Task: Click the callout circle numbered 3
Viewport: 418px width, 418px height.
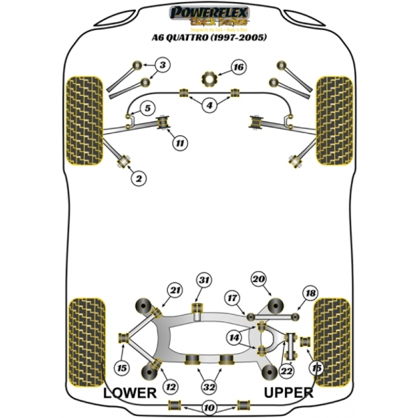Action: pos(162,66)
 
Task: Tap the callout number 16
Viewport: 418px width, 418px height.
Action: pos(238,68)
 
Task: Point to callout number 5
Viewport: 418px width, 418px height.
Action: pos(148,108)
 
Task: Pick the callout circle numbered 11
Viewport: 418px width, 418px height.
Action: pos(180,144)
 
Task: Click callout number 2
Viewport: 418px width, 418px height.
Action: pos(139,179)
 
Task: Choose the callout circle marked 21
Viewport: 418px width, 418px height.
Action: pos(174,291)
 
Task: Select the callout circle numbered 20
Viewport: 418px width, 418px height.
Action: pos(258,279)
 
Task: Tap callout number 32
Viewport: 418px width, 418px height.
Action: pos(209,385)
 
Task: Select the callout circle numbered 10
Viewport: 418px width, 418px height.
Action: pos(209,408)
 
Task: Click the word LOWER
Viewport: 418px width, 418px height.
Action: pos(130,393)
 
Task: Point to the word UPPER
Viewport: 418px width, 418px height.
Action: pos(288,393)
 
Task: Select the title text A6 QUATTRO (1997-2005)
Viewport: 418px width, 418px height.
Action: pos(208,37)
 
